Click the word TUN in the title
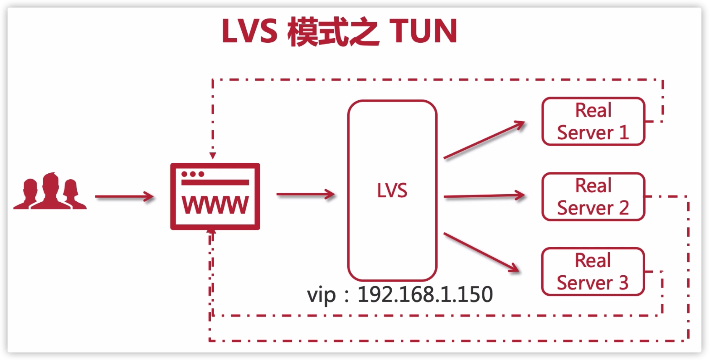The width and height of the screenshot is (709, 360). pyautogui.click(x=423, y=31)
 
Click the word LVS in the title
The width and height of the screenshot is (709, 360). pyautogui.click(x=249, y=31)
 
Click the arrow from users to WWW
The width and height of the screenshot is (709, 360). pyautogui.click(x=124, y=196)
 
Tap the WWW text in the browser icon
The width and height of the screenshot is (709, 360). pyautogui.click(x=215, y=205)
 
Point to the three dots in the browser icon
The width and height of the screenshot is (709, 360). pyautogui.click(x=193, y=174)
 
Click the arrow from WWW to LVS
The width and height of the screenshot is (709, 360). pyautogui.click(x=305, y=194)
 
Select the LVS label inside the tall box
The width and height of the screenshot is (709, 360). pyautogui.click(x=392, y=190)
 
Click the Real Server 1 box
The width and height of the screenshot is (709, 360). pyautogui.click(x=593, y=122)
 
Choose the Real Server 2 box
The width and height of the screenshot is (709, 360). pyautogui.click(x=593, y=196)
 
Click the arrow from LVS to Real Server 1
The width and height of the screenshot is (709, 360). pyautogui.click(x=484, y=140)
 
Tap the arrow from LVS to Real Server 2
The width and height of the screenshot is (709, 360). pyautogui.click(x=484, y=196)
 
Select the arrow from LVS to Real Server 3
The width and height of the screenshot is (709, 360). pyautogui.click(x=482, y=252)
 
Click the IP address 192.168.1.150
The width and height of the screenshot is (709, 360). pyautogui.click(x=425, y=294)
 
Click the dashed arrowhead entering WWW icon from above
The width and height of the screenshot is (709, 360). pyautogui.click(x=213, y=156)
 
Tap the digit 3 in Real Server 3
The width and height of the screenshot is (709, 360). pyautogui.click(x=623, y=282)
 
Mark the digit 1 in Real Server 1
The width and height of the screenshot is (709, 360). pyautogui.click(x=624, y=133)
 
